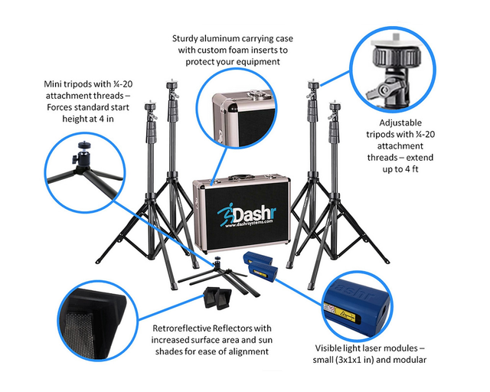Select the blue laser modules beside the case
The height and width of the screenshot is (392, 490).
point(263,268)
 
